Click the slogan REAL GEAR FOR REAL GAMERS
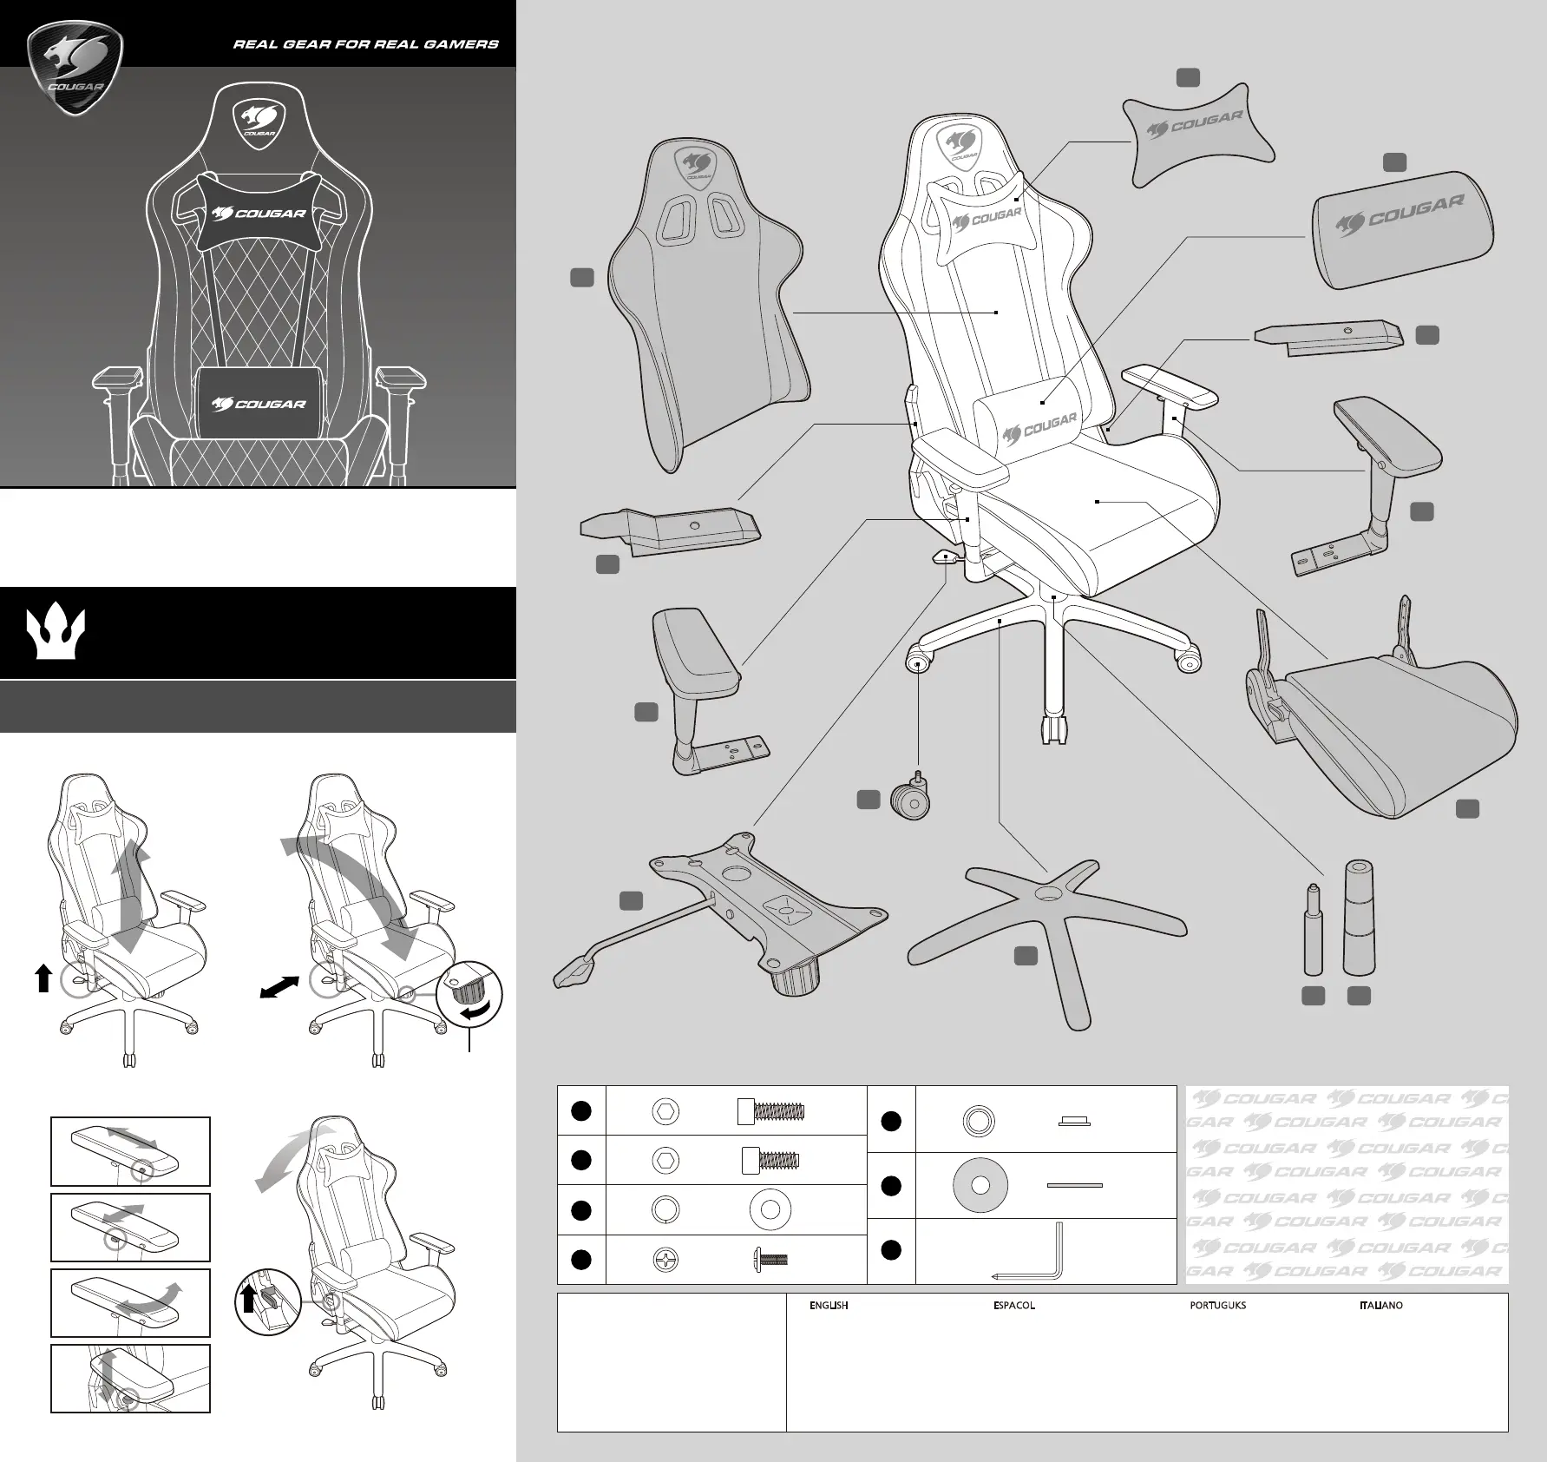point(365,43)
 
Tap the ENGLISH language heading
point(828,1305)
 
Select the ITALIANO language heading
point(1380,1305)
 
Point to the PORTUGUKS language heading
point(1217,1305)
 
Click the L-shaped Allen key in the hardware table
point(1032,1254)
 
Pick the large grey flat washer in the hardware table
point(980,1186)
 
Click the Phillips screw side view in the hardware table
point(770,1259)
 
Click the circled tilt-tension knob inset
point(469,995)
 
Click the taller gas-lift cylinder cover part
point(1360,917)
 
